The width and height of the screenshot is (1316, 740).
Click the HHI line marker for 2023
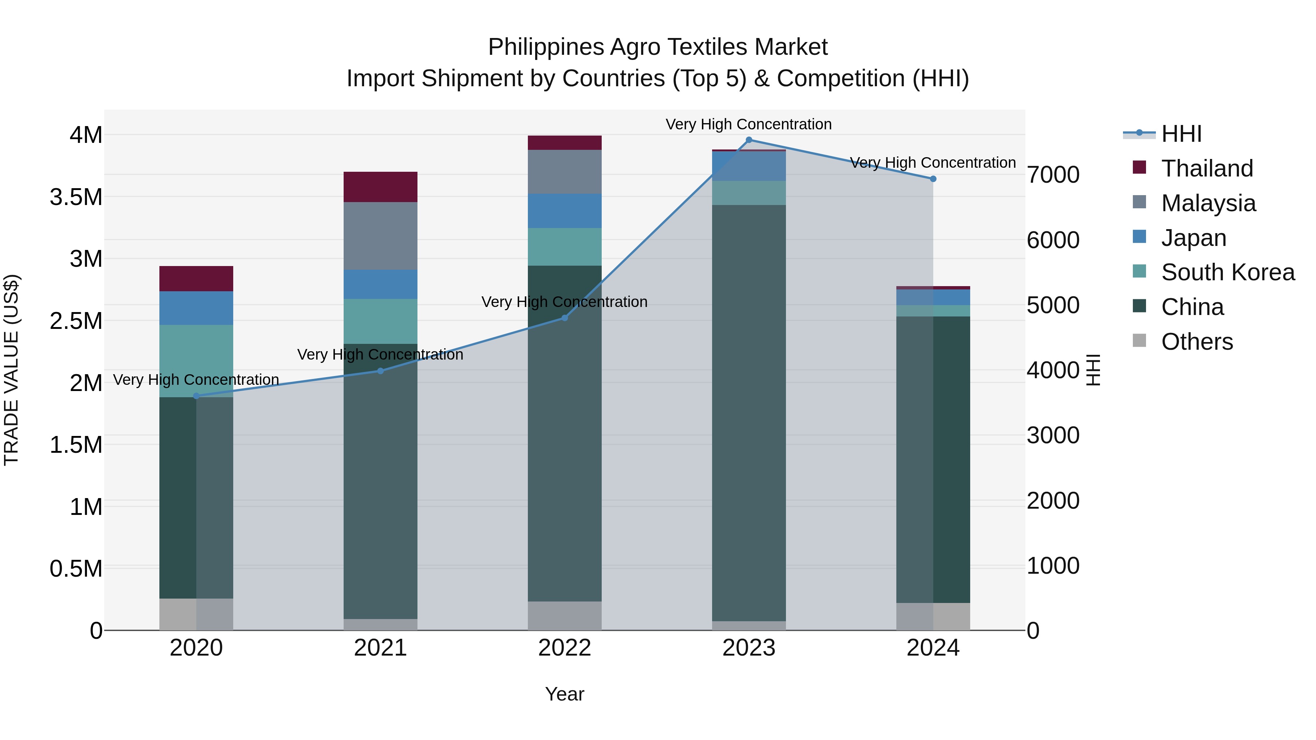pos(749,140)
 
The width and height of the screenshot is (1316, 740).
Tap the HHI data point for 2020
pos(196,396)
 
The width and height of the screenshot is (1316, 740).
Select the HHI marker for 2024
pos(933,179)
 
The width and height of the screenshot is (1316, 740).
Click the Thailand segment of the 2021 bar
pos(380,187)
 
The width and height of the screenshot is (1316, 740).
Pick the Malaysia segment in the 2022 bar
pos(564,172)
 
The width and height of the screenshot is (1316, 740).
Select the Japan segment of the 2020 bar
pos(196,308)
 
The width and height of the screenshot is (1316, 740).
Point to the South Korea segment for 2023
pos(749,193)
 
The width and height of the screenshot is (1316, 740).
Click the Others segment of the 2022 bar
pos(564,615)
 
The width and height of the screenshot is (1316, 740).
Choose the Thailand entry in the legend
pos(1207,168)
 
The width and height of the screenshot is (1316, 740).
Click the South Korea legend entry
pos(1228,272)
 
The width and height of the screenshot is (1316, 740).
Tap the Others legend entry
pos(1196,342)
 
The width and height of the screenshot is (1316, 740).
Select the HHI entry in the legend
pos(1181,134)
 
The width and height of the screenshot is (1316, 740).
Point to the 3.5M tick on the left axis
pos(76,197)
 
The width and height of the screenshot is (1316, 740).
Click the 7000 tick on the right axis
pos(1053,175)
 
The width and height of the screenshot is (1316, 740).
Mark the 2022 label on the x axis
pos(564,648)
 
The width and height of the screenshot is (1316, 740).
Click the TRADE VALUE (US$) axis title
pos(11,370)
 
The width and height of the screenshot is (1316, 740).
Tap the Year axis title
pos(564,694)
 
